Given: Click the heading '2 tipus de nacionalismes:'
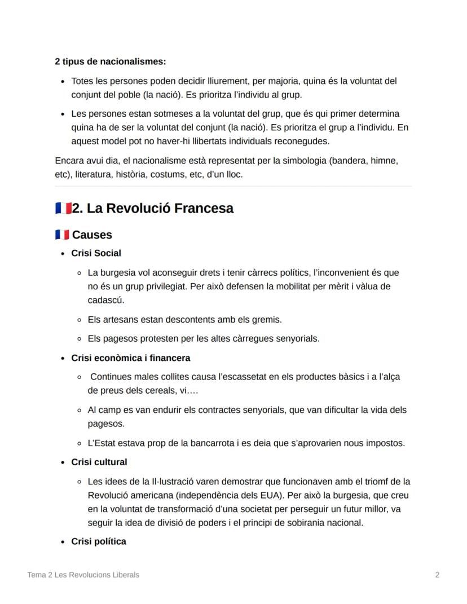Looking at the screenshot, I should [110, 61].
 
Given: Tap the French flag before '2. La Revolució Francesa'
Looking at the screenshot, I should [63, 208].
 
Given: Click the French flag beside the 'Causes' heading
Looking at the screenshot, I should [62, 235].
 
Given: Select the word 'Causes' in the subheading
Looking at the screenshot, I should [92, 235].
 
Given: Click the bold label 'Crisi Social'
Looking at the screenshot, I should [96, 253].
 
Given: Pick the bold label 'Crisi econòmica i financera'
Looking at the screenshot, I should [130, 358].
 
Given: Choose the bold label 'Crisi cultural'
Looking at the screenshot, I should [99, 462].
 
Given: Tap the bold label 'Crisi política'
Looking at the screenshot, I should [98, 541].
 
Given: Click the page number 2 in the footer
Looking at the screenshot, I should [437, 575].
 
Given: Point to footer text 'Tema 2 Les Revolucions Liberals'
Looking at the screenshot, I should [83, 575].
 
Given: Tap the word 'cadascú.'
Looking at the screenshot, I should [105, 300].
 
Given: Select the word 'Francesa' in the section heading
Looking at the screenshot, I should [204, 208].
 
